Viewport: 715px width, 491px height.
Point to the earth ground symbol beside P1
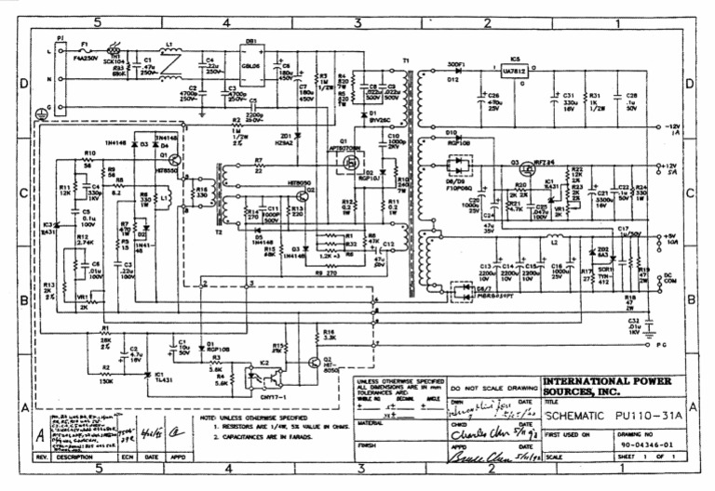40,114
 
